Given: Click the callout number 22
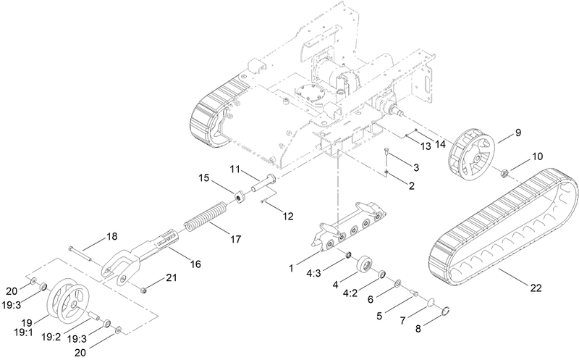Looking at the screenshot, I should pyautogui.click(x=536, y=288).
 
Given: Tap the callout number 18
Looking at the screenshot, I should pyautogui.click(x=112, y=236).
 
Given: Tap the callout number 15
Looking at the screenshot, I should pyautogui.click(x=204, y=177).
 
